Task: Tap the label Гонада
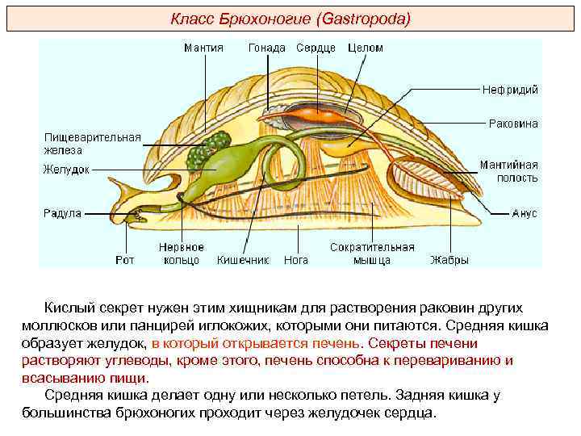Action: click(x=266, y=48)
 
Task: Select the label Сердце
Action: click(x=316, y=48)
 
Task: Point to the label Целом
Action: click(x=366, y=48)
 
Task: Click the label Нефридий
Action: click(x=510, y=90)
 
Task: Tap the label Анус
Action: click(x=525, y=214)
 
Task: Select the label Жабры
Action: click(x=449, y=260)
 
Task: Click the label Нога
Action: click(x=296, y=260)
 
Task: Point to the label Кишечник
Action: click(x=242, y=260)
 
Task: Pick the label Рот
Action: click(x=124, y=260)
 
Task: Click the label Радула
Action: click(x=62, y=214)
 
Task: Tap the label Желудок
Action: click(x=66, y=170)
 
